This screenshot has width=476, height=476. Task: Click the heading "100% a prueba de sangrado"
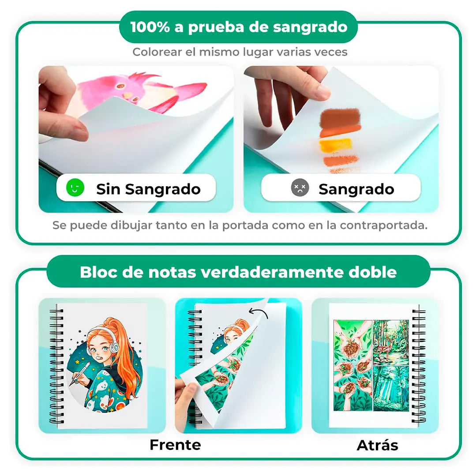(x=238, y=27)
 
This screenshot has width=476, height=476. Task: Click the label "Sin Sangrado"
(x=148, y=189)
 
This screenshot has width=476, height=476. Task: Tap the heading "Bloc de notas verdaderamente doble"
(x=238, y=272)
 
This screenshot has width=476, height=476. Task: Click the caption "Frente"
(x=175, y=445)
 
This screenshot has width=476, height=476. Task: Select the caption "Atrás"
(x=377, y=445)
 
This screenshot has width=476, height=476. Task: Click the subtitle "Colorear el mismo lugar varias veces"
(x=240, y=52)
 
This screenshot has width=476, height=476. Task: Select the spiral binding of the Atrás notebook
(x=418, y=366)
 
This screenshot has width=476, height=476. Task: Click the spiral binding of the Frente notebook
(x=56, y=366)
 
